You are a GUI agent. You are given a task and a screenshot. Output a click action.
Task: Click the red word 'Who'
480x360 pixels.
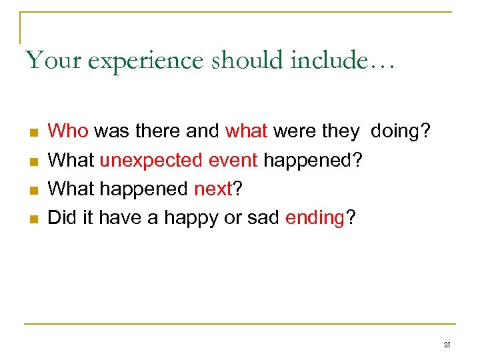point(69,131)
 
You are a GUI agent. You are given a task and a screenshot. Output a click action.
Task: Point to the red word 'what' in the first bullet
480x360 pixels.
point(246,131)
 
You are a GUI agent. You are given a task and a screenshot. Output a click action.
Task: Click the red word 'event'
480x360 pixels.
point(233,161)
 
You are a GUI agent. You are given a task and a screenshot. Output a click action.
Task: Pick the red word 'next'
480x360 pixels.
point(212,189)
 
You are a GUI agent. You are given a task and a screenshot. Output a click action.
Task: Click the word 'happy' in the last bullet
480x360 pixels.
point(182,219)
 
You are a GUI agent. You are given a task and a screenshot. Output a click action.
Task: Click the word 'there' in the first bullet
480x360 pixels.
point(158,131)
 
